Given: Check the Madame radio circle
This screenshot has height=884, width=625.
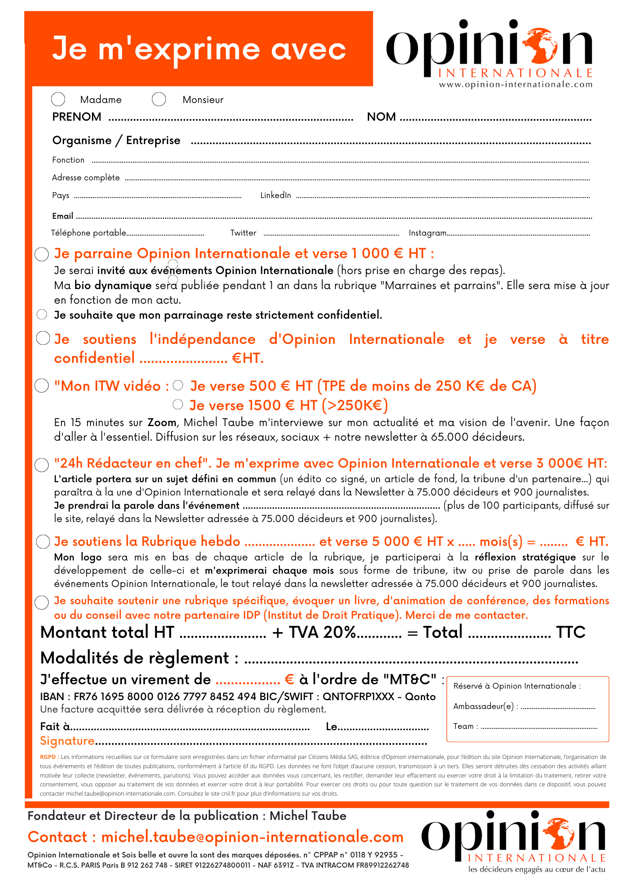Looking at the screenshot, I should click(58, 99).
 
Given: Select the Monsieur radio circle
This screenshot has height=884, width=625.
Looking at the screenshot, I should click(159, 99).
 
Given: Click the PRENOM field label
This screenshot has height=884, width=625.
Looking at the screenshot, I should click(76, 117).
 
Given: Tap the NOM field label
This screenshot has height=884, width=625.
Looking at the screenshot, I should click(381, 117).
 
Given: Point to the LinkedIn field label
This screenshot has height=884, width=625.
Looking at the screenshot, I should click(275, 195).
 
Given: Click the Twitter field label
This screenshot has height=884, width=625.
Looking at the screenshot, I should click(243, 233).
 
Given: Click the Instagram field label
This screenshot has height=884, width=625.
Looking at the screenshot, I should click(427, 233).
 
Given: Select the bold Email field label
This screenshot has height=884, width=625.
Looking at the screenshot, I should click(62, 216).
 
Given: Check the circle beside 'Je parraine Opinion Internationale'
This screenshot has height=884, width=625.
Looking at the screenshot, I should click(42, 254).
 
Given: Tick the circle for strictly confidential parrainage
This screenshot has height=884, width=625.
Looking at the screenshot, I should click(42, 315).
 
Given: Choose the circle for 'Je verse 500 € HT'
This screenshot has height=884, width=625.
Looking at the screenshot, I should click(178, 385).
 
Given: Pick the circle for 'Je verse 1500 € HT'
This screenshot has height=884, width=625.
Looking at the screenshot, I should click(178, 404).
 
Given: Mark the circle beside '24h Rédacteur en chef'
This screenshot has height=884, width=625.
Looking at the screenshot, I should click(42, 465).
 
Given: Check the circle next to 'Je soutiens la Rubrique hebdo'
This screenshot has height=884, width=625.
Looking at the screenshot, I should click(43, 542).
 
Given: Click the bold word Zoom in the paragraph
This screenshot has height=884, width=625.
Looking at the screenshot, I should click(162, 423).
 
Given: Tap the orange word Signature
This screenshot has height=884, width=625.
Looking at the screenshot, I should click(67, 741).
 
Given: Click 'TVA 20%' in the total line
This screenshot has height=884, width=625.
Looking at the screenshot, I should click(322, 633).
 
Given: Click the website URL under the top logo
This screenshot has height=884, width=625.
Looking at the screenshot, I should click(515, 84).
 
